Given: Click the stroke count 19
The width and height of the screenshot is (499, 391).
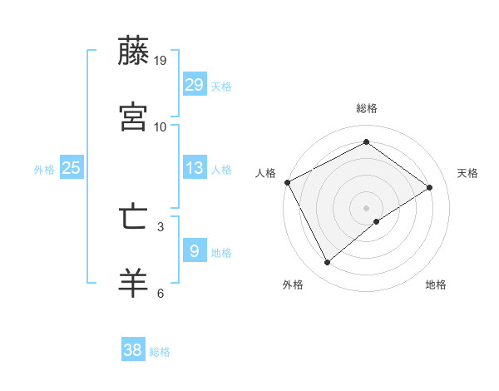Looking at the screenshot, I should pyautogui.click(x=160, y=61).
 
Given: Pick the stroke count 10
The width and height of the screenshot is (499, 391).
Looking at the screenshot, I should pyautogui.click(x=160, y=127).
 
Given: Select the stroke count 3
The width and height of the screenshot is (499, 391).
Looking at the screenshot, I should pyautogui.click(x=160, y=226).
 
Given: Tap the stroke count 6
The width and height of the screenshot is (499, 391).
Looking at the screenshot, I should pyautogui.click(x=160, y=293).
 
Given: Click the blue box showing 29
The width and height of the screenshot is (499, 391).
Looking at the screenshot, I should pyautogui.click(x=195, y=84).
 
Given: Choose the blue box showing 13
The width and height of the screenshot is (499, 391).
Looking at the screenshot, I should pyautogui.click(x=195, y=168).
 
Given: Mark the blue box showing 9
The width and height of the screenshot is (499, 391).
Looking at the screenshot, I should pyautogui.click(x=195, y=250).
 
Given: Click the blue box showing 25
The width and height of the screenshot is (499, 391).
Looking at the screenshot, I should pyautogui.click(x=72, y=168).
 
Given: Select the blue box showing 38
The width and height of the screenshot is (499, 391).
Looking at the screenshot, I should pyautogui.click(x=133, y=350).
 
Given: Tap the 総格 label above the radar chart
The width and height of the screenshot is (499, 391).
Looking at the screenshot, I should pyautogui.click(x=367, y=108).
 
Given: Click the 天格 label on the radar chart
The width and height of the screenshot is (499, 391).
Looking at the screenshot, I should pyautogui.click(x=468, y=173).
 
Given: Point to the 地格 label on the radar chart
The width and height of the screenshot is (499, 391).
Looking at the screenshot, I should pyautogui.click(x=436, y=285).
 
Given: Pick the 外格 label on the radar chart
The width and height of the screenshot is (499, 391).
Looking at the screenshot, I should pyautogui.click(x=293, y=285).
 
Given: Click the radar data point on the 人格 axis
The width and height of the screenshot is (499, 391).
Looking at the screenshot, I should pyautogui.click(x=287, y=182).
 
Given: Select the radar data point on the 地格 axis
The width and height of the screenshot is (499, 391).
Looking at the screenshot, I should pyautogui.click(x=377, y=221).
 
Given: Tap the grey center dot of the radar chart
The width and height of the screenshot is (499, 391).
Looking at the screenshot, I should pyautogui.click(x=367, y=207).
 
